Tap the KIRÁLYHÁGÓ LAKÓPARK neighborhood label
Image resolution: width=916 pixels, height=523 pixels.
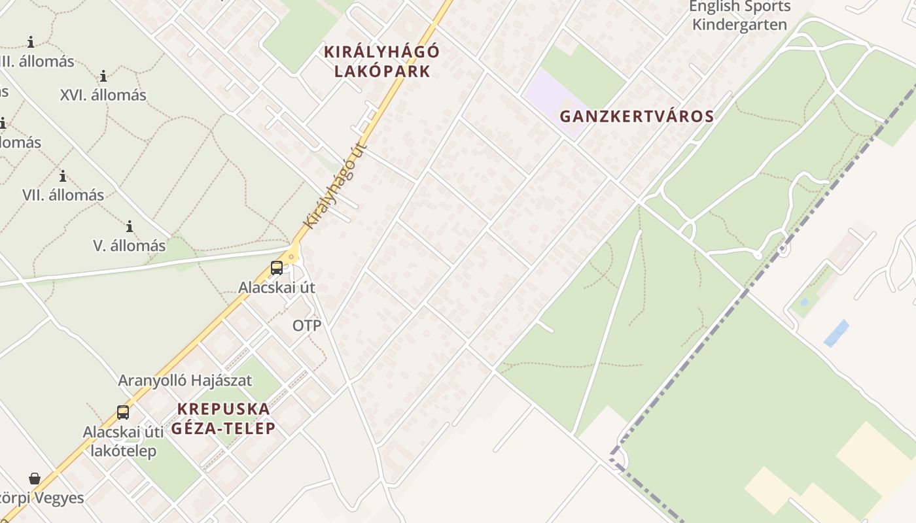pos(383,61)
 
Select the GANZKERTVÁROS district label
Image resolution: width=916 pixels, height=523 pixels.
pos(637,117)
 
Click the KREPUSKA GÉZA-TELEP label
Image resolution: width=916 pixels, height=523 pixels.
pos(223,418)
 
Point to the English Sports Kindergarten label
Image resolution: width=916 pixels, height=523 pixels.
pos(740,16)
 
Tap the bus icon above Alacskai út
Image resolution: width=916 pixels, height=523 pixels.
pos(277,268)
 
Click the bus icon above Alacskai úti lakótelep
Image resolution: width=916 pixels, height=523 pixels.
pos(123,413)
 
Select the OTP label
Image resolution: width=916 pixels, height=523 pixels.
pos(307,326)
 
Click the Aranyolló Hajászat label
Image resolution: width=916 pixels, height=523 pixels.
pos(185,380)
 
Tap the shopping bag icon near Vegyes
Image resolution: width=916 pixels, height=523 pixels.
pos(35,479)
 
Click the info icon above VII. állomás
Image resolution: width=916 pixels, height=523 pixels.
pos(63,177)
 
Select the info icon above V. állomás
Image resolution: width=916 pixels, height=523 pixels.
pos(130,227)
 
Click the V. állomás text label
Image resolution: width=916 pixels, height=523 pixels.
pos(130,246)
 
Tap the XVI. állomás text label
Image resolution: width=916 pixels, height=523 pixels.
pos(103,95)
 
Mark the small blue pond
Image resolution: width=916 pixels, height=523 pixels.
pos(836,333)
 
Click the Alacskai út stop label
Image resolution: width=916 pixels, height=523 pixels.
pos(277,287)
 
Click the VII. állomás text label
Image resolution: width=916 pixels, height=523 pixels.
pos(63,195)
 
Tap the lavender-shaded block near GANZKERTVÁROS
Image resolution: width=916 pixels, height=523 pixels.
pos(553,98)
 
